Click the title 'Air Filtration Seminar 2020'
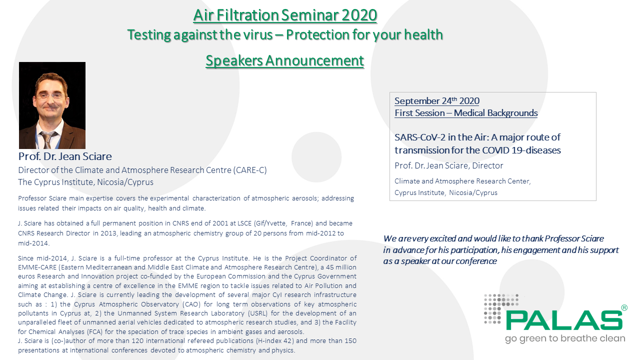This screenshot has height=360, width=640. pyautogui.click(x=285, y=15)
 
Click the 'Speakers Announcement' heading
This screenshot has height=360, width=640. pyautogui.click(x=285, y=60)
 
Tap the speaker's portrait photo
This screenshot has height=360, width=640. pyautogui.click(x=52, y=105)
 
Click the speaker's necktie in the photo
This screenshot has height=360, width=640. pyautogui.click(x=48, y=140)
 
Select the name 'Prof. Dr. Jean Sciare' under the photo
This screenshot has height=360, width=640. pyautogui.click(x=65, y=156)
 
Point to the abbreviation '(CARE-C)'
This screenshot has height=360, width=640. pyautogui.click(x=250, y=170)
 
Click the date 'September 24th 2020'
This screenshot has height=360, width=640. pyautogui.click(x=436, y=101)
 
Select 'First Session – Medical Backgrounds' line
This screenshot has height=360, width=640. pyautogui.click(x=466, y=113)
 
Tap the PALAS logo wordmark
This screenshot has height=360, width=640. pyautogui.click(x=563, y=320)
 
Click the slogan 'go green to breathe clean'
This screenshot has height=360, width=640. pyautogui.click(x=565, y=338)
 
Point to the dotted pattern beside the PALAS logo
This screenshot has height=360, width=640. pyautogui.click(x=494, y=308)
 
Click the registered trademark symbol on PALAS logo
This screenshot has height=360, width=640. pyautogui.click(x=624, y=307)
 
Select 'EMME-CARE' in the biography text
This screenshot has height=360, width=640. pyautogui.click(x=37, y=267)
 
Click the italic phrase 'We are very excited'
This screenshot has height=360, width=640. pyautogui.click(x=418, y=238)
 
